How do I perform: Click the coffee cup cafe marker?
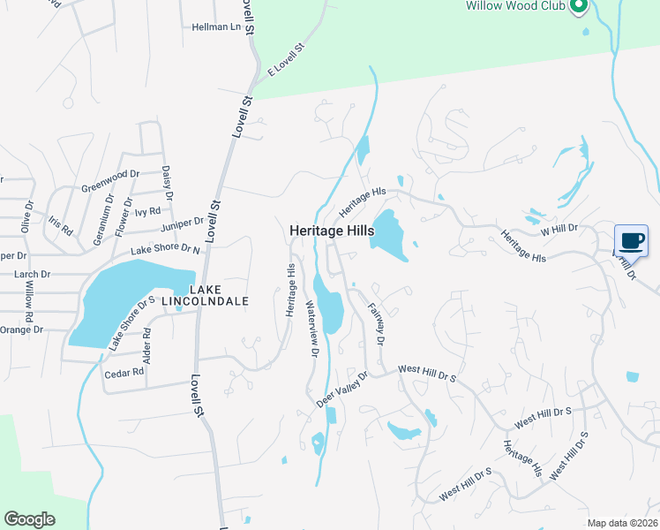coord(631,240)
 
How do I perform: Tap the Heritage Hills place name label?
coord(332,231)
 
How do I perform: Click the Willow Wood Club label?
coord(516,5)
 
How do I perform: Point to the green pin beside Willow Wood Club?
coord(578,7)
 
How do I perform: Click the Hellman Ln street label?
coord(216,27)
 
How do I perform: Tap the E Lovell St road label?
coord(286,58)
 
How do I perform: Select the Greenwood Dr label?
coord(110,180)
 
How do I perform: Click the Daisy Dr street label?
coord(167,182)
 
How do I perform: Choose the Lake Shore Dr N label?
coord(166,249)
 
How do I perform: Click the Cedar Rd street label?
coord(124,374)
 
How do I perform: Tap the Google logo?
coord(30,519)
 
